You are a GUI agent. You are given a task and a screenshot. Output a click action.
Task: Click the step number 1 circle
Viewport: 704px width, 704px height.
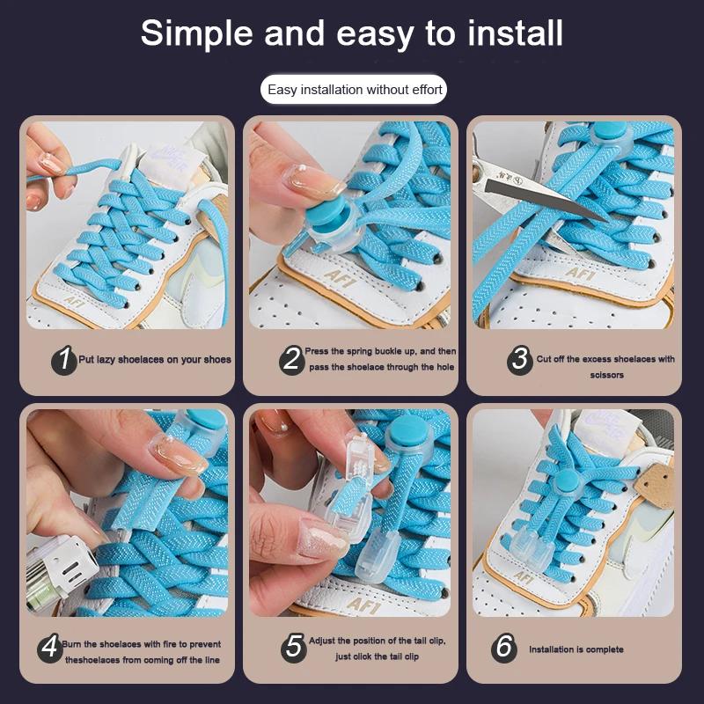[63, 359]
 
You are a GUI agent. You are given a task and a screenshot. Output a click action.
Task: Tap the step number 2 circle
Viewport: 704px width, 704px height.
[292, 359]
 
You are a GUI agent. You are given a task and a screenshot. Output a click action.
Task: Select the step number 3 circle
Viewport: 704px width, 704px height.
[520, 359]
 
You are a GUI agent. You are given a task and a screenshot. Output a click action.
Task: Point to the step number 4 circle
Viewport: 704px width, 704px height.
[50, 649]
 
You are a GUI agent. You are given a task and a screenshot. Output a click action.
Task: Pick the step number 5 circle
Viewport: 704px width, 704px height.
[294, 648]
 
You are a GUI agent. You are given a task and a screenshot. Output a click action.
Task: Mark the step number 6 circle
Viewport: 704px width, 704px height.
[504, 648]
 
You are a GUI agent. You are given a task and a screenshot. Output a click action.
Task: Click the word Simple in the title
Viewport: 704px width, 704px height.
[191, 33]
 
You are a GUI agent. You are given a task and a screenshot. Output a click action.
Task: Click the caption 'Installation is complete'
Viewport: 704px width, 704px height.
[576, 649]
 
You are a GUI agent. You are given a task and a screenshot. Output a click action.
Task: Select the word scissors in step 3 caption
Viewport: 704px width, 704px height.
[607, 375]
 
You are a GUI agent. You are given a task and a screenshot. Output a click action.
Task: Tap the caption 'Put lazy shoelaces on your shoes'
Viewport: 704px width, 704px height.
[155, 359]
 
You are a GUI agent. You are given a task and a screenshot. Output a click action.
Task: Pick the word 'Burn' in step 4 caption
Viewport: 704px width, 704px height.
[73, 644]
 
